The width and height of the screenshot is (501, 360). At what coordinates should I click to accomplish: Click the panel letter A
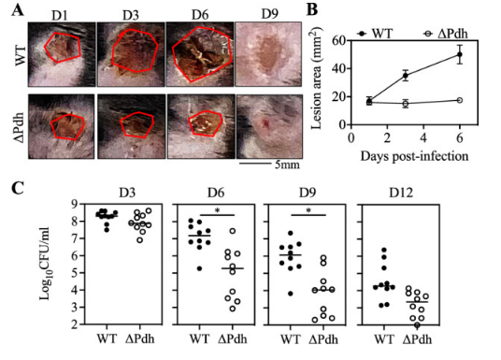pyautogui.click(x=17, y=10)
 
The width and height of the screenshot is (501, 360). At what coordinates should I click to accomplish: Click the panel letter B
pyautogui.click(x=312, y=9)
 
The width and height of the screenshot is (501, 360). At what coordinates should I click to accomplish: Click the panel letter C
pyautogui.click(x=17, y=188)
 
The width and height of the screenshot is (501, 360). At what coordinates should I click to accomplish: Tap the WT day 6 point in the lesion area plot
pyautogui.click(x=460, y=54)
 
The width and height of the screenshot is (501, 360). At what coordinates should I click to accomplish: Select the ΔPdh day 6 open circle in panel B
pyautogui.click(x=460, y=100)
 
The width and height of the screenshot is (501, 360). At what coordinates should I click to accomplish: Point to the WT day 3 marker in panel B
pyautogui.click(x=406, y=76)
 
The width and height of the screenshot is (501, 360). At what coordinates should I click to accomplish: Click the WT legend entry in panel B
pyautogui.click(x=376, y=33)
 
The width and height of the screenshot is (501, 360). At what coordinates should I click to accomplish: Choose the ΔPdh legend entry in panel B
pyautogui.click(x=446, y=33)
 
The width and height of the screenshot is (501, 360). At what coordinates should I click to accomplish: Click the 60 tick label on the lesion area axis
pyautogui.click(x=338, y=40)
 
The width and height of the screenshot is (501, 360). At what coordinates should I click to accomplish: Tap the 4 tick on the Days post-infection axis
pyautogui.click(x=423, y=138)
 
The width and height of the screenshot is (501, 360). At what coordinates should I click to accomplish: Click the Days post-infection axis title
pyautogui.click(x=414, y=156)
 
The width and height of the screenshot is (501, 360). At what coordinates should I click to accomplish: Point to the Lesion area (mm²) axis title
pyautogui.click(x=316, y=78)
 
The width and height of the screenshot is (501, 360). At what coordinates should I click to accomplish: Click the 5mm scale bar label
pyautogui.click(x=287, y=165)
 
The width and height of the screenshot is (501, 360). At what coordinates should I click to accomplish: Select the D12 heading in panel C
pyautogui.click(x=401, y=193)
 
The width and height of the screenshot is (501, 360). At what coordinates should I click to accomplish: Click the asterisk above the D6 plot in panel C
pyautogui.click(x=217, y=210)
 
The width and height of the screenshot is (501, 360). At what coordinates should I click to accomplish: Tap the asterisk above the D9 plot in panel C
pyautogui.click(x=308, y=210)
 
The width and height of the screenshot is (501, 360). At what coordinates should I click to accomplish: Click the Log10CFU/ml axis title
pyautogui.click(x=46, y=264)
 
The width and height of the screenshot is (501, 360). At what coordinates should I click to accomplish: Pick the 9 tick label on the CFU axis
pyautogui.click(x=75, y=204)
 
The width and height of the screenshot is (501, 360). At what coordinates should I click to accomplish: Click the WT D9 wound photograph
pyautogui.click(x=268, y=54)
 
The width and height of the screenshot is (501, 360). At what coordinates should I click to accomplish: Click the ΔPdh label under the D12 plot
pyautogui.click(x=417, y=338)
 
